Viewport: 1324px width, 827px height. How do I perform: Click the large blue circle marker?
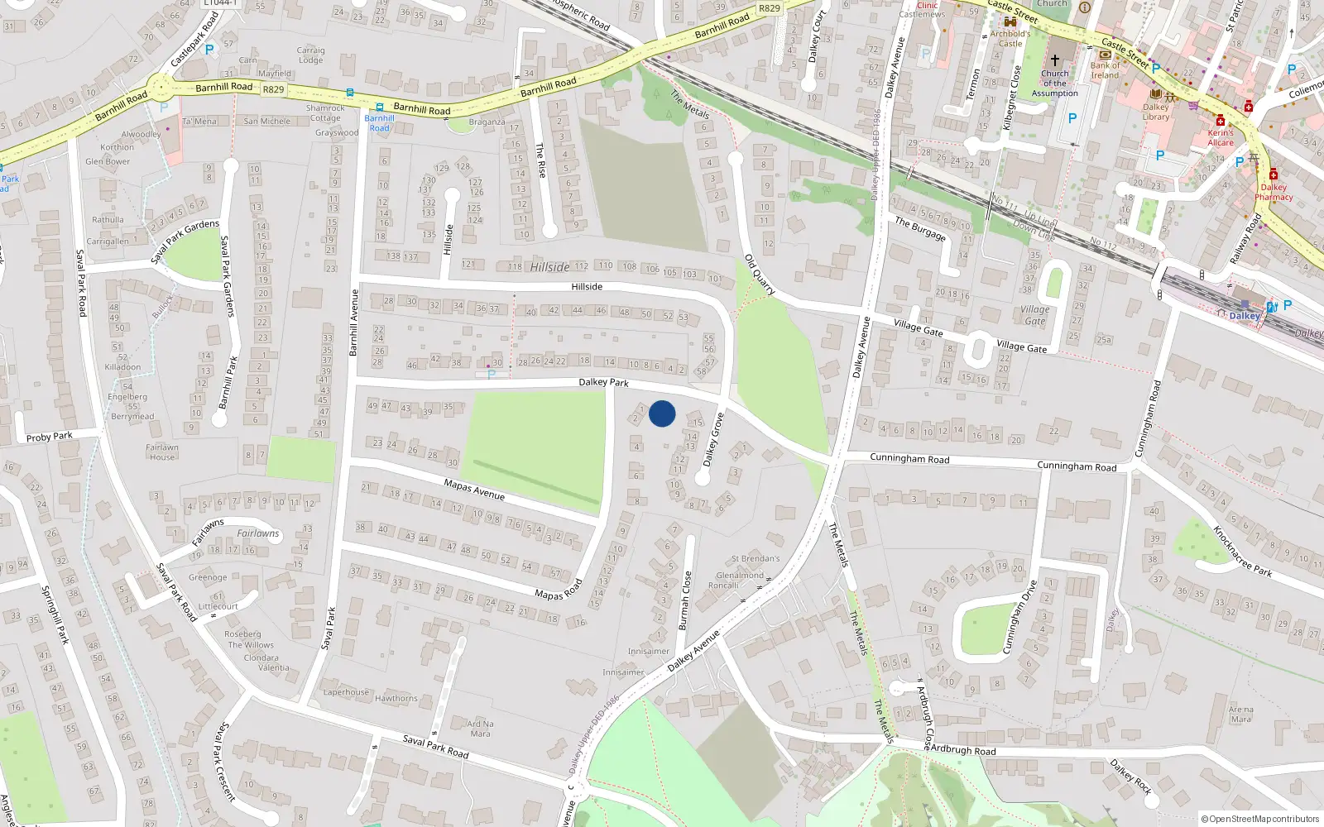coord(662,413)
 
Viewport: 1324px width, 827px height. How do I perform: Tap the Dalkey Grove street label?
coord(713,439)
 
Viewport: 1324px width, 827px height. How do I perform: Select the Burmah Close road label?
coord(684,600)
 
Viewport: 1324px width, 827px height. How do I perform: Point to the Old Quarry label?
coord(760,275)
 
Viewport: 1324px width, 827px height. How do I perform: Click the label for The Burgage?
coord(920,228)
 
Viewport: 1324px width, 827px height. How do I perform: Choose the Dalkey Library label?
coord(1156,112)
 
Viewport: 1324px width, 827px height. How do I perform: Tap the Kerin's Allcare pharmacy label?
coord(1221,137)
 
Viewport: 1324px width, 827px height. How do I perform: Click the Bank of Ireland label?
coord(1105,70)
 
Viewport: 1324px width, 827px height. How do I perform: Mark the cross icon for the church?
coord(1055,60)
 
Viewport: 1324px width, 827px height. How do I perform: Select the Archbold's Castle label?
coord(1010,39)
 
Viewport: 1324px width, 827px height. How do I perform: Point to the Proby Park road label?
coord(50,437)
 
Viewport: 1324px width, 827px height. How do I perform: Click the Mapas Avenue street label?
coord(474,490)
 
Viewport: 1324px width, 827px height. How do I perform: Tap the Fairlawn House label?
coord(162,452)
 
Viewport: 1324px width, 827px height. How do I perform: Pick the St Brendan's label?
coord(756,559)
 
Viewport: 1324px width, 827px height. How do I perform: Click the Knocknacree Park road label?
coord(1242,551)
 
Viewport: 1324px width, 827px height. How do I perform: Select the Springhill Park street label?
coord(55,614)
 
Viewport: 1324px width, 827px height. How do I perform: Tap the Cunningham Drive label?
coord(1020,617)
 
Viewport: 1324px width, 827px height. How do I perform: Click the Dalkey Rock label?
coord(1131,777)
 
